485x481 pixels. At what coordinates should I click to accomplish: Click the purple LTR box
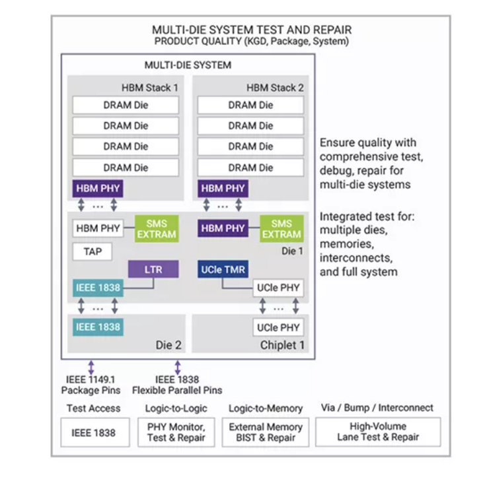153,269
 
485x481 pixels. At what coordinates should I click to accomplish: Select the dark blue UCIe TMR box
222,269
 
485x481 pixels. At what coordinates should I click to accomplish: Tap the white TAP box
92,251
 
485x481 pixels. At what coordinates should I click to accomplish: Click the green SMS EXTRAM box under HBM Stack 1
157,228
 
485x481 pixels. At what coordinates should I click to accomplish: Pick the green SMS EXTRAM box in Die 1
282,228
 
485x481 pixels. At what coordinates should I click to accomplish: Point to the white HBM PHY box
98,228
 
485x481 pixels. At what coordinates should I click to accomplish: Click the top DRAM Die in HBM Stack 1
126,105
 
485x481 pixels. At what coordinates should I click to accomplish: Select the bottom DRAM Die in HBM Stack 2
250,167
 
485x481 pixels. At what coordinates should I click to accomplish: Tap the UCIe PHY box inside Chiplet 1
278,327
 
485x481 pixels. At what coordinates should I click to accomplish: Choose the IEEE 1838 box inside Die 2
98,327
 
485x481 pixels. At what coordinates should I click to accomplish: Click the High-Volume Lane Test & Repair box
378,432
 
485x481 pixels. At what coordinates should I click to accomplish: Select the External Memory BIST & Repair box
265,432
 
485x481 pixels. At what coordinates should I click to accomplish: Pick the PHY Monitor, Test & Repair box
176,432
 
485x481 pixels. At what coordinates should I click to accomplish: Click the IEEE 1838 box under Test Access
93,432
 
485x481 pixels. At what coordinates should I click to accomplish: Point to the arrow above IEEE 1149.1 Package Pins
91,367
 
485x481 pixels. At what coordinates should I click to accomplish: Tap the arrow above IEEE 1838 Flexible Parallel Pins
177,367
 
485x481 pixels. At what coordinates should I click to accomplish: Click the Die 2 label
168,345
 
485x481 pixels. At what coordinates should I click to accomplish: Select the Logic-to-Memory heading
266,408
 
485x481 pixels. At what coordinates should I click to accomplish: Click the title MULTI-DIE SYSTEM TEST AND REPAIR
252,30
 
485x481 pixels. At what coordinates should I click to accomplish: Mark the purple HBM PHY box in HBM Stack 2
223,189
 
